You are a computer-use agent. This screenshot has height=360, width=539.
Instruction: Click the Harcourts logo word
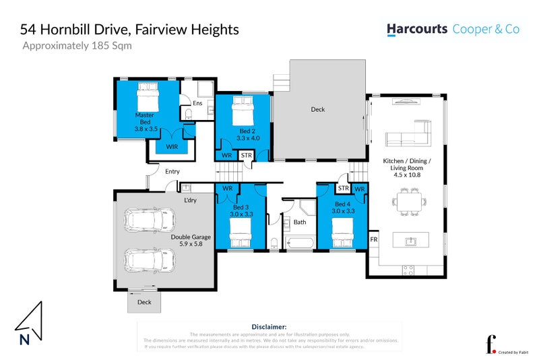pyautogui.click(x=417, y=30)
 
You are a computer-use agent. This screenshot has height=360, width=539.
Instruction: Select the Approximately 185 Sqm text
pyautogui.click(x=77, y=47)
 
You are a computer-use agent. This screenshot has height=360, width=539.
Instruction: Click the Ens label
pyautogui.click(x=197, y=103)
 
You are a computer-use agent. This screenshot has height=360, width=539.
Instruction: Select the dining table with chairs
pyautogui.click(x=410, y=200)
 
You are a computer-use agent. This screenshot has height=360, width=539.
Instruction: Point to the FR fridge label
pyautogui.click(x=373, y=240)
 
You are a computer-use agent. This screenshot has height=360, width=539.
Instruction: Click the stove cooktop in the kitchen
pyautogui.click(x=408, y=270)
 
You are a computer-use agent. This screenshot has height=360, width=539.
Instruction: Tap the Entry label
pyautogui.click(x=172, y=171)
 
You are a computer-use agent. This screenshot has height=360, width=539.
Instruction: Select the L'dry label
pyautogui.click(x=191, y=200)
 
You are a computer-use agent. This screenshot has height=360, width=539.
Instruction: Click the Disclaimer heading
pyautogui.click(x=269, y=326)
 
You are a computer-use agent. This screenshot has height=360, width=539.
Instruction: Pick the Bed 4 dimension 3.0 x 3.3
pyautogui.click(x=343, y=211)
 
